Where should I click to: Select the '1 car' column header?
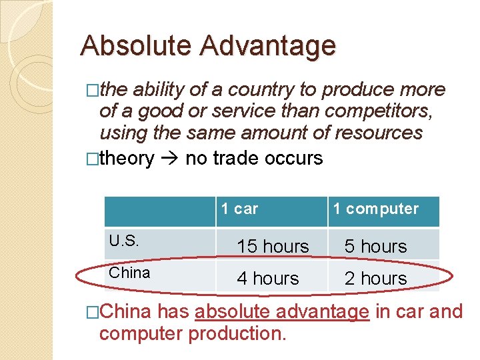point(239,209)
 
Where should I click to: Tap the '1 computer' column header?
point(375,209)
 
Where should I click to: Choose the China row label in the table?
point(129,273)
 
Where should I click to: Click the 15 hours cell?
point(273,247)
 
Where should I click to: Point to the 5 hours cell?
point(375,247)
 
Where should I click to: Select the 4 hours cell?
point(268,278)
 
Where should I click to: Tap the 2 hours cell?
point(375,278)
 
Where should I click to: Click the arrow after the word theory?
point(170,159)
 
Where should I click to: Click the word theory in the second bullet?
point(127,159)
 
